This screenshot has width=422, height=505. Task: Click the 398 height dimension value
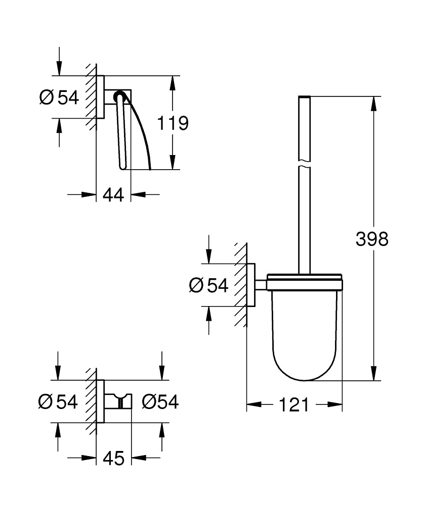(372, 238)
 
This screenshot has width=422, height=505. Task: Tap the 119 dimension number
(173, 123)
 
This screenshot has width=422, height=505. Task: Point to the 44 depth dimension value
(113, 194)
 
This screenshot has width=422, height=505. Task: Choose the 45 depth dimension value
(113, 458)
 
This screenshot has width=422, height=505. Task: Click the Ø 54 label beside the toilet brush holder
(208, 285)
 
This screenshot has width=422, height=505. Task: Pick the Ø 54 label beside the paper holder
(59, 97)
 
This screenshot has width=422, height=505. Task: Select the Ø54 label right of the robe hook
(160, 402)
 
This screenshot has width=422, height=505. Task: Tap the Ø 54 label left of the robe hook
(58, 402)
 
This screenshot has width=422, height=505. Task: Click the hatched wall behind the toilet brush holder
(240, 285)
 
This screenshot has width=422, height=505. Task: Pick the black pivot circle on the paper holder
(119, 94)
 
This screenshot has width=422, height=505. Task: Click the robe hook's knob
(121, 402)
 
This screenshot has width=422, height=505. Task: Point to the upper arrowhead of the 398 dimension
(374, 104)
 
